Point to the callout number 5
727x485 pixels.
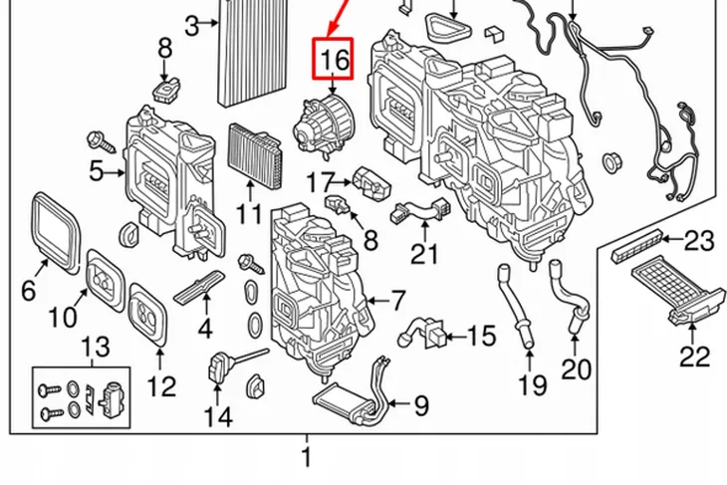(96, 171)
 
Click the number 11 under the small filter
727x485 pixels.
(249, 213)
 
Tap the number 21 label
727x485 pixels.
(425, 254)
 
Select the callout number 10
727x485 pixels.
(62, 318)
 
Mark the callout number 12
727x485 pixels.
(161, 384)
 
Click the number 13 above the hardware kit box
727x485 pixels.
(96, 348)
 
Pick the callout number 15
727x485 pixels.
(480, 337)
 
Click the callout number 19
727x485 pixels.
(533, 383)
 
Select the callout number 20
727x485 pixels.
(576, 368)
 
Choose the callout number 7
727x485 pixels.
(395, 299)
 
